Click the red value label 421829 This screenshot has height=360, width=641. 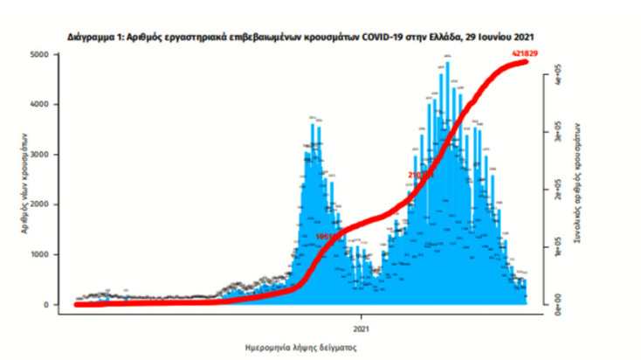click(526, 54)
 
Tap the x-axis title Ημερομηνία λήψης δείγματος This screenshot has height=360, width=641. click(301, 347)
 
